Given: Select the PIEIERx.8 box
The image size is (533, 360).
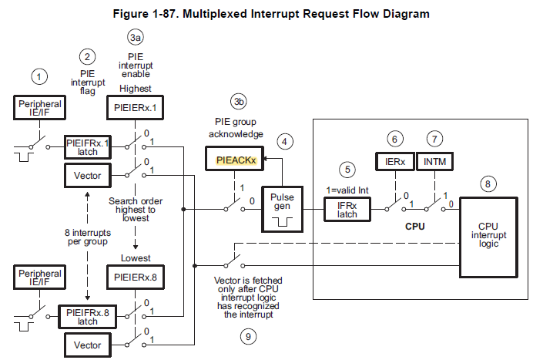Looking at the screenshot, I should [x=135, y=277].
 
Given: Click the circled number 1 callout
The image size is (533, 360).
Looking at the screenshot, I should [x=39, y=76].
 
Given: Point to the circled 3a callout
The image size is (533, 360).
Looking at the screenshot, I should [x=136, y=36].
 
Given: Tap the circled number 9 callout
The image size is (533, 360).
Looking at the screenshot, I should [x=247, y=336].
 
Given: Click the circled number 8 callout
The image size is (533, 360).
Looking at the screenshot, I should [x=488, y=183].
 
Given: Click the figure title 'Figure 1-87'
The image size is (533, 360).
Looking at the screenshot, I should [x=266, y=13].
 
